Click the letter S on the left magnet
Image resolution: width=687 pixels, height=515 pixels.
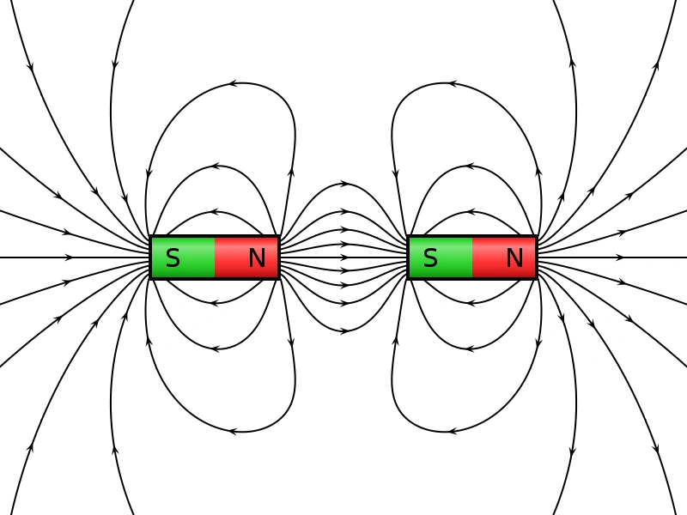pyautogui.click(x=173, y=257)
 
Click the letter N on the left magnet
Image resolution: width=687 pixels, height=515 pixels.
pyautogui.click(x=257, y=257)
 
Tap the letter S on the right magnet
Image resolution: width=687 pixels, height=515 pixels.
pyautogui.click(x=430, y=257)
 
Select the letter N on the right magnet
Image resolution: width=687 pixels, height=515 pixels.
pyautogui.click(x=514, y=257)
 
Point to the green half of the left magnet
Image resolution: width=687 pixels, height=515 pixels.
pyautogui.click(x=193, y=257)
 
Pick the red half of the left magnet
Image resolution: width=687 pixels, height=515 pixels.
pyautogui.click(x=236, y=257)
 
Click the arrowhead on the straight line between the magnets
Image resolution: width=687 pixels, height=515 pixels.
pyautogui.click(x=344, y=257)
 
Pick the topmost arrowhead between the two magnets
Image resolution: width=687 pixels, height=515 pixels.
pyautogui.click(x=344, y=184)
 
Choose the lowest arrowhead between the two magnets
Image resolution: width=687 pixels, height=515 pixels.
pyautogui.click(x=344, y=330)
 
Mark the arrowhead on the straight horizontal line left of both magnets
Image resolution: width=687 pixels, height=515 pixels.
pyautogui.click(x=69, y=257)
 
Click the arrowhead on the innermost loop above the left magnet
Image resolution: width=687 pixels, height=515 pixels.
pyautogui.click(x=215, y=211)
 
